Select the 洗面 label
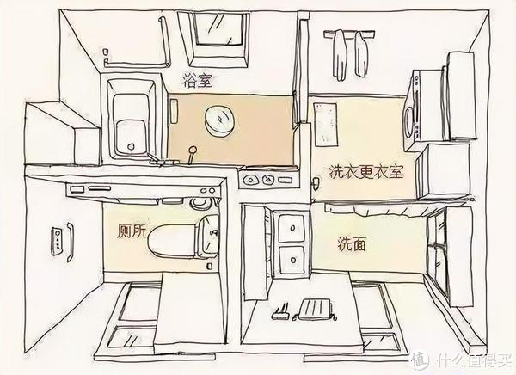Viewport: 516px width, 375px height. pos(353,244)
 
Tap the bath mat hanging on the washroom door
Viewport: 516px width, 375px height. pos(313,308)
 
